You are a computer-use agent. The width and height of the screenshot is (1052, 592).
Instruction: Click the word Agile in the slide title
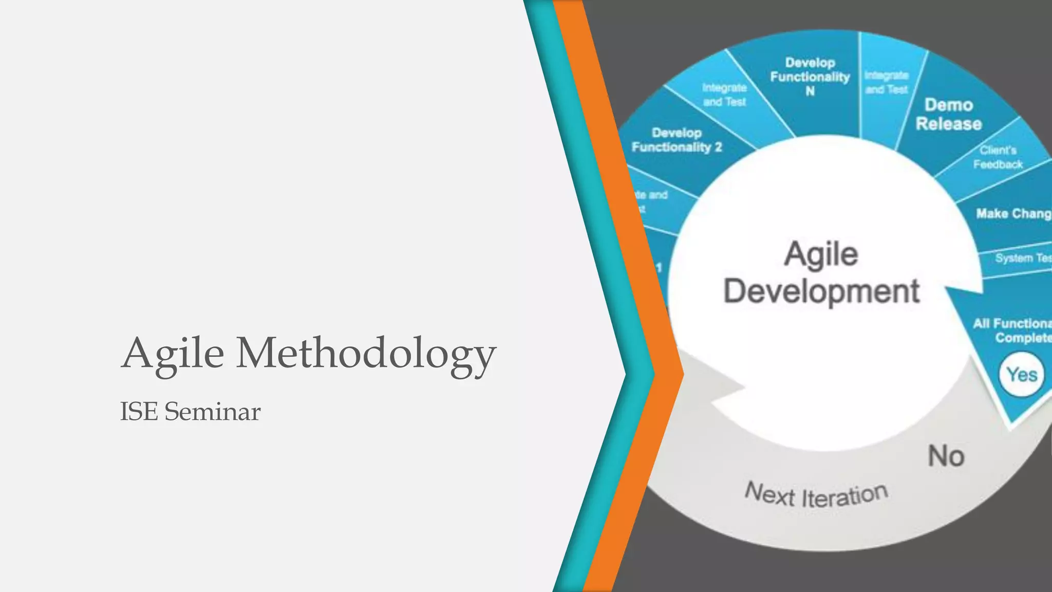click(173, 354)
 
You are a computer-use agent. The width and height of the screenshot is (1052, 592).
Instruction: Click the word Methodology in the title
click(366, 354)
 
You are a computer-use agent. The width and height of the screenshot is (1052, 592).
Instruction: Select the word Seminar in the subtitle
click(212, 412)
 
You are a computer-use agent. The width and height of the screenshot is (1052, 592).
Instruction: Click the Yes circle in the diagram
click(1022, 375)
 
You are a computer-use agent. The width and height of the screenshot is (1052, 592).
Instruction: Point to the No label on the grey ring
click(946, 456)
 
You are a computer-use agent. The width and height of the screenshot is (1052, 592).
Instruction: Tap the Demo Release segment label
click(949, 115)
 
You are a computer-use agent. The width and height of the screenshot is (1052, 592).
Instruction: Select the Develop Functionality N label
click(810, 77)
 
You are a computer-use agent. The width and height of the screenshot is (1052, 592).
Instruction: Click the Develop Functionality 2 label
click(677, 140)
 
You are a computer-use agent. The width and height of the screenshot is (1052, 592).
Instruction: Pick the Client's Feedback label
click(998, 157)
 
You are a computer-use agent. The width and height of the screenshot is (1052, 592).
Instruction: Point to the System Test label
click(1022, 258)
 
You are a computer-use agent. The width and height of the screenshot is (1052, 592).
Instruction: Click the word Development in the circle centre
click(821, 291)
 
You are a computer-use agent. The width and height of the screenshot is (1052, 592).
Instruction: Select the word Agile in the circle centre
click(821, 254)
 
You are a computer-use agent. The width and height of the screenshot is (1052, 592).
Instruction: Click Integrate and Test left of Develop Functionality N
click(724, 95)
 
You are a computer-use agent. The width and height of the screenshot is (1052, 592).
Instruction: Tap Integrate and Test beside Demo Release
click(887, 83)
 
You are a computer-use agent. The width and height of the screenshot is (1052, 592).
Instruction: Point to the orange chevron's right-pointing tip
click(683, 374)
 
